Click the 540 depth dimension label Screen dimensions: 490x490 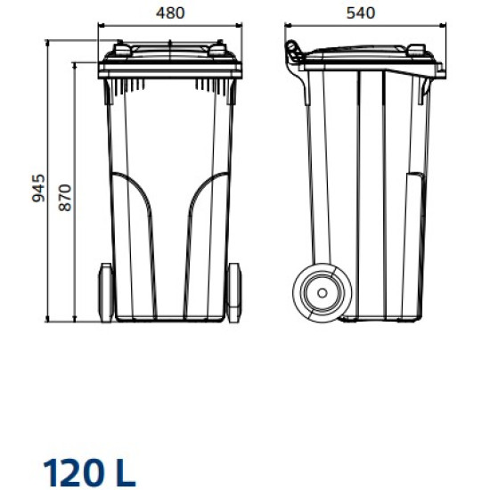tap(365, 13)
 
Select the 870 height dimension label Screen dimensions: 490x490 tap(64, 196)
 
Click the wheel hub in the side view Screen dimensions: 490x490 tap(318, 290)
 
